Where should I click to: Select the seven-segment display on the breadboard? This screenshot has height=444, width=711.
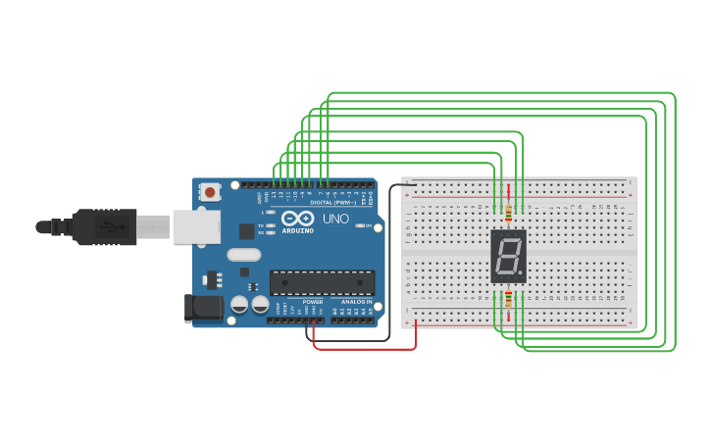(508, 257)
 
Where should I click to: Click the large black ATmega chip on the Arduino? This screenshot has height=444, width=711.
(322, 281)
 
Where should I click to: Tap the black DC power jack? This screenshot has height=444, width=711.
(203, 308)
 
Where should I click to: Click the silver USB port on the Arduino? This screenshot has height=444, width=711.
(196, 226)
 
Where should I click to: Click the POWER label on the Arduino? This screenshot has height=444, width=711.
(313, 301)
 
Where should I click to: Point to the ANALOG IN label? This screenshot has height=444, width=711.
(357, 301)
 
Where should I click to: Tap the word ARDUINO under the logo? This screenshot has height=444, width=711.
(297, 230)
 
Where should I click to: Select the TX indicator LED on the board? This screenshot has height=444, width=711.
(270, 225)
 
